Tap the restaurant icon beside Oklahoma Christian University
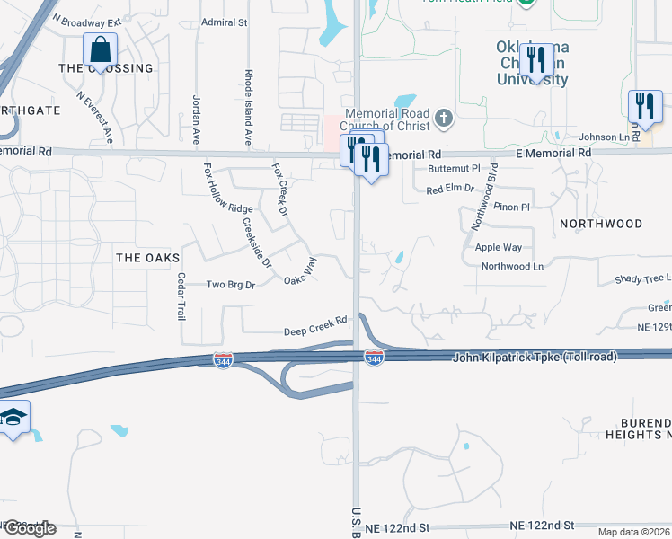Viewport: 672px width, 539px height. (x=535, y=59)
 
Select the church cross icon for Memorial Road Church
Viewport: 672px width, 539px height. (x=442, y=118)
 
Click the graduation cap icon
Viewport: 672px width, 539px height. (x=13, y=418)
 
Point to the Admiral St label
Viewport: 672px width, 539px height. (x=224, y=22)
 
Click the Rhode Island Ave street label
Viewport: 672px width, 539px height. (x=249, y=108)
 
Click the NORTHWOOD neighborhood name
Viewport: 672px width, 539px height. (x=601, y=223)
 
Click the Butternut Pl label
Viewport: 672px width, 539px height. (x=454, y=168)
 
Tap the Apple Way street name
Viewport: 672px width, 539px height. (x=499, y=246)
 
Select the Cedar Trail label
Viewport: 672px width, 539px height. (x=181, y=296)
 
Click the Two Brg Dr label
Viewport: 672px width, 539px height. (x=232, y=284)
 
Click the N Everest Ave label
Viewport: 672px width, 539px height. (x=94, y=117)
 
